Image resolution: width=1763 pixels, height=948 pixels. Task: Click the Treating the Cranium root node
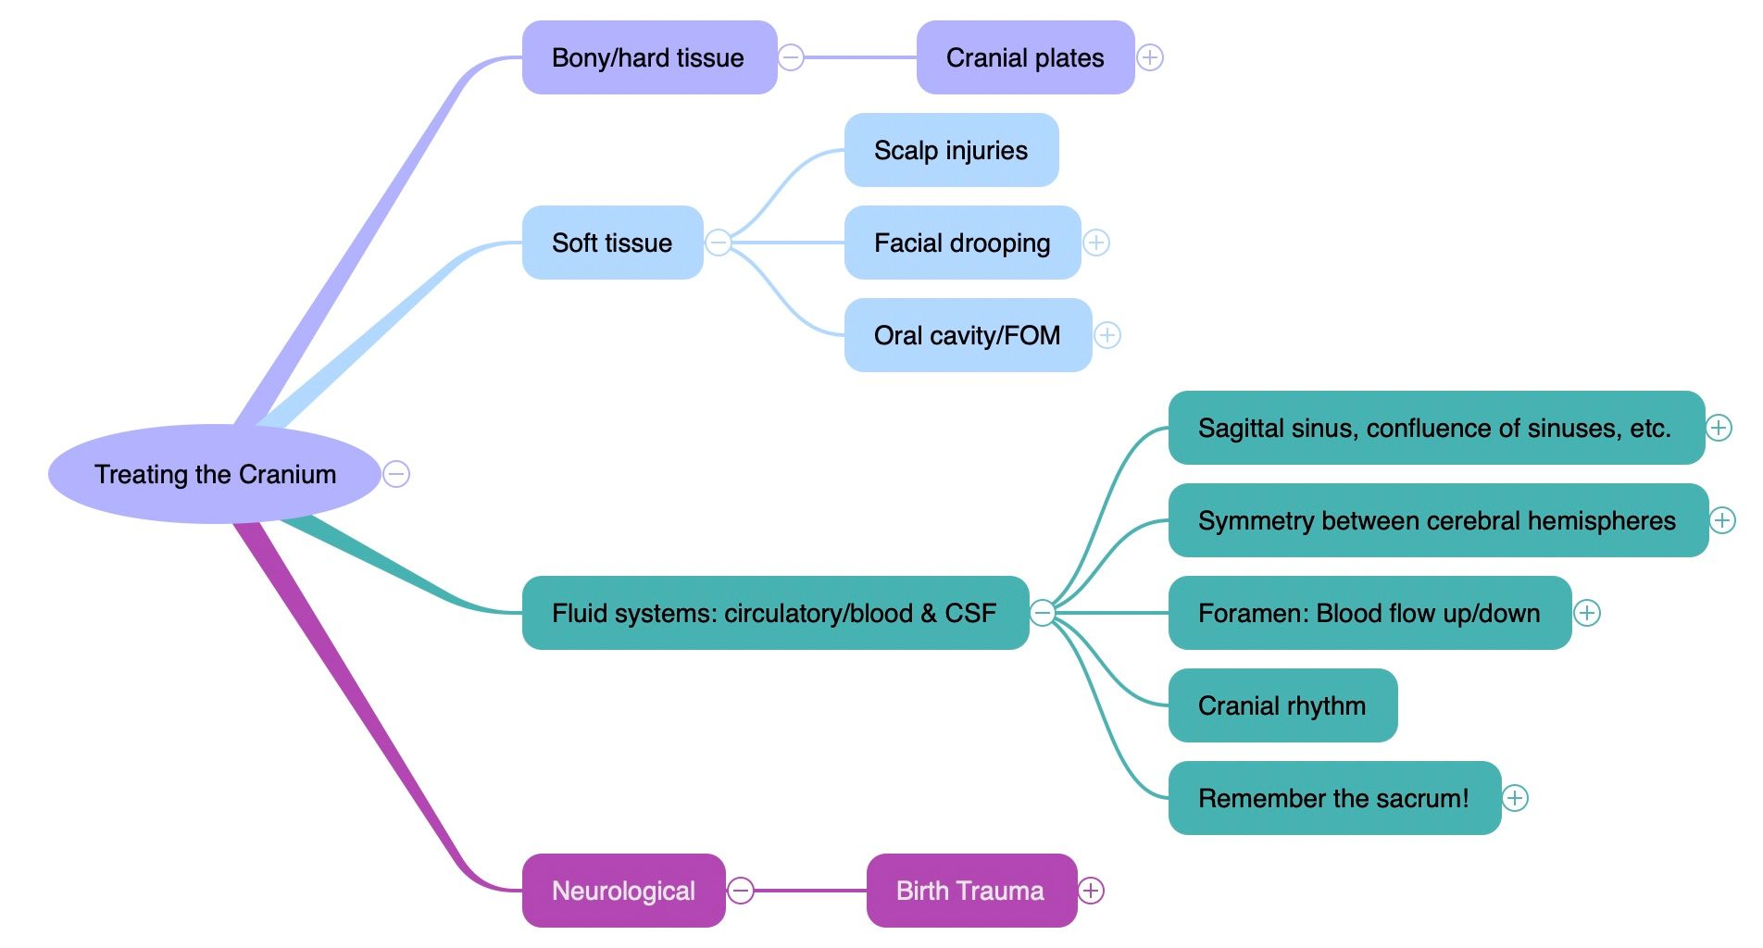click(x=215, y=474)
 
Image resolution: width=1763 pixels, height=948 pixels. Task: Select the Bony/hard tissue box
click(x=649, y=57)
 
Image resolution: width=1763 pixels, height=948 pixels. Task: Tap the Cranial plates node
click(x=1025, y=57)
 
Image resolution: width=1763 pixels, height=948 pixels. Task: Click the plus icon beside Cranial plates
click(x=1150, y=57)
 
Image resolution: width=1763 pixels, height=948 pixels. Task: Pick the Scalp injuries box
click(x=951, y=150)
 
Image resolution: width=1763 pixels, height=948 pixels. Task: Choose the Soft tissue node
click(x=612, y=243)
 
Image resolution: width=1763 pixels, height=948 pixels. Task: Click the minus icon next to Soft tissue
click(x=719, y=243)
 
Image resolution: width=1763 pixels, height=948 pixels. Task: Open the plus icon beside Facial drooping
click(x=1096, y=243)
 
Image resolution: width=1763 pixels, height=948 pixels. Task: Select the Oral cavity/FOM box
click(x=968, y=335)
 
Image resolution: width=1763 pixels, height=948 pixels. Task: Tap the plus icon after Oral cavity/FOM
click(x=1107, y=335)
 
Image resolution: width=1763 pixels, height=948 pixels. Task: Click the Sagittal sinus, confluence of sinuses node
click(x=1435, y=428)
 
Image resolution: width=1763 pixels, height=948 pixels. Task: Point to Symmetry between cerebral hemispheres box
click(x=1437, y=520)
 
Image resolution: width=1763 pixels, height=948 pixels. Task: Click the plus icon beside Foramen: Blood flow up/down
click(x=1587, y=613)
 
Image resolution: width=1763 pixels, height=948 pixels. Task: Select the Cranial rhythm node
click(x=1282, y=705)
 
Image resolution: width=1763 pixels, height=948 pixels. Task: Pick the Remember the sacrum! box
click(x=1333, y=798)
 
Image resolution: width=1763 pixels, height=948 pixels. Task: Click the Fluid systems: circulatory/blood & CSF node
click(x=775, y=613)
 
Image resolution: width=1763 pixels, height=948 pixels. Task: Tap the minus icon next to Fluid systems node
click(x=1044, y=613)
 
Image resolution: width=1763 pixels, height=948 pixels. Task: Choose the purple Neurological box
click(x=623, y=891)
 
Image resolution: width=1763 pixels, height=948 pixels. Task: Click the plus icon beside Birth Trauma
click(x=1092, y=891)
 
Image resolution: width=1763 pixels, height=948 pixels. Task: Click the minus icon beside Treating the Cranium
click(x=396, y=474)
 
